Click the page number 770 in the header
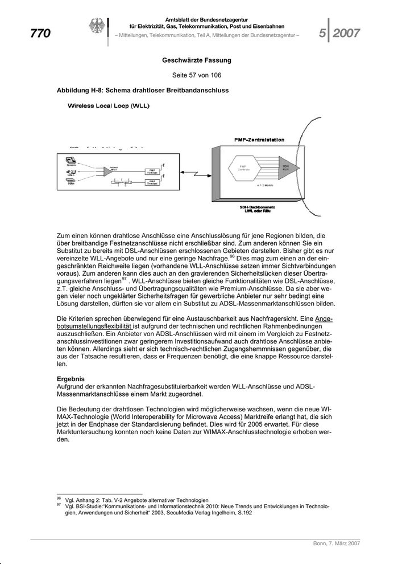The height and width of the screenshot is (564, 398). [40, 34]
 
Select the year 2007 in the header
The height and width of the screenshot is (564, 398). [346, 34]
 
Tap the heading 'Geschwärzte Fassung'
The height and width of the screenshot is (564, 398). [197, 60]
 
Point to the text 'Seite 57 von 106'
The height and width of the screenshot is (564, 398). [197, 75]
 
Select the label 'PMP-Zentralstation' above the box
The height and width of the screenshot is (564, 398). [259, 140]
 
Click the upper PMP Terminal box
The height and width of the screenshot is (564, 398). [152, 170]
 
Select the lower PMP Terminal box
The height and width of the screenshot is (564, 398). [152, 183]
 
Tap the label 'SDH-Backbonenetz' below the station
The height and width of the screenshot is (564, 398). [258, 207]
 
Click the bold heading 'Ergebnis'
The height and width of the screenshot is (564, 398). [71, 378]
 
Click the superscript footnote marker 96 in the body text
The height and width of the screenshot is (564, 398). [232, 256]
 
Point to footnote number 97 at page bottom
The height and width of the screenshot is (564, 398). [59, 504]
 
